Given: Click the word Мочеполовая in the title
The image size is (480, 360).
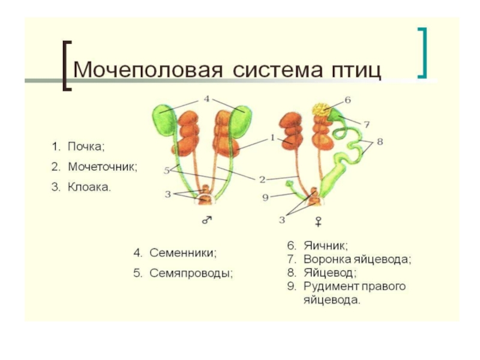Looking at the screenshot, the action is click(140, 70).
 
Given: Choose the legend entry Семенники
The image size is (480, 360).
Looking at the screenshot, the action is click(182, 253).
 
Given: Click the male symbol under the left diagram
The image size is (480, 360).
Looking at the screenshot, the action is click(206, 221).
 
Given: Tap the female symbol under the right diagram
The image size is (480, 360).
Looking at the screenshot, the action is click(318, 221).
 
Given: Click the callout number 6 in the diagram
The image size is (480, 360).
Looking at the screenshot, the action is click(347, 99).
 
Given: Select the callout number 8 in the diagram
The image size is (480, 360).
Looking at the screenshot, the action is click(379, 142).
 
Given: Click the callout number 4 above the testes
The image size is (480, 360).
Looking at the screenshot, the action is click(206, 98).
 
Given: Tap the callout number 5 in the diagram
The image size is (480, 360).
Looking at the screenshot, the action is click(167, 170).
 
